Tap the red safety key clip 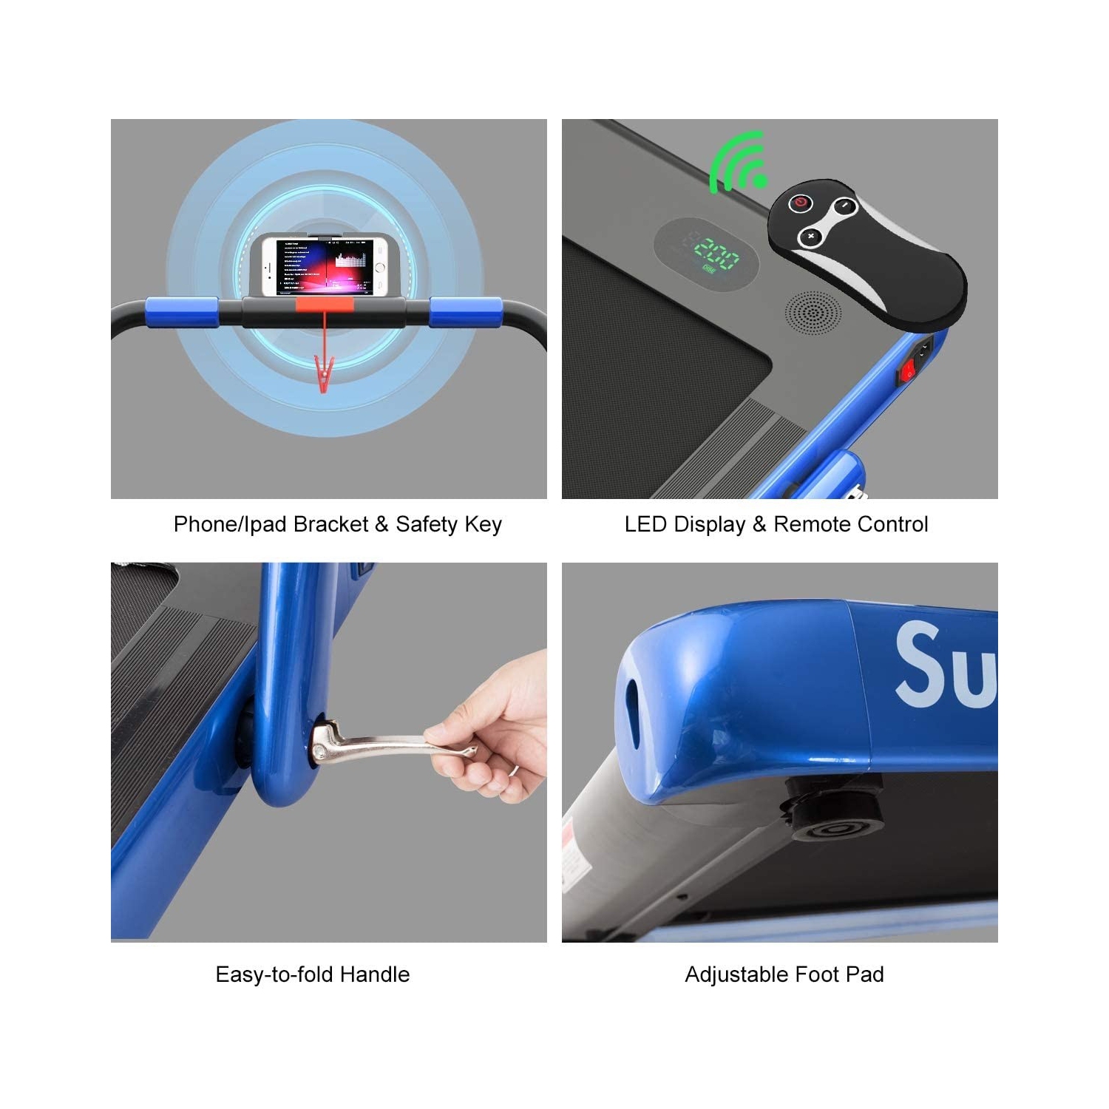point(323,374)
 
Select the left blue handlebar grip point(181,312)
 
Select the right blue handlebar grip point(466,312)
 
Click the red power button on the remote point(800,203)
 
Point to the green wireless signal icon point(739,163)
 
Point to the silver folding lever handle point(384,744)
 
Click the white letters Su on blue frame point(946,665)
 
